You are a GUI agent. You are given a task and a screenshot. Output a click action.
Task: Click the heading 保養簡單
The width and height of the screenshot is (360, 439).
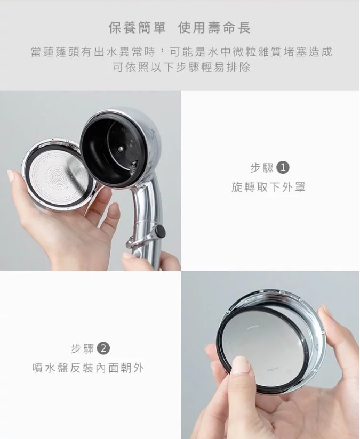[137, 28]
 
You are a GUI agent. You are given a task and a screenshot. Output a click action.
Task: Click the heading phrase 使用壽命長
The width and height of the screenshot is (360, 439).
[214, 28]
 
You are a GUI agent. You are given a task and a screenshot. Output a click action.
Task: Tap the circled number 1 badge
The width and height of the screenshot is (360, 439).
[283, 168]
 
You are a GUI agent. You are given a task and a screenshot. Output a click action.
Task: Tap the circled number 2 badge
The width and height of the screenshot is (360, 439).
[103, 348]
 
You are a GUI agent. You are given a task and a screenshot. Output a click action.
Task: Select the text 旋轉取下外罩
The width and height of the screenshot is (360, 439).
[268, 187]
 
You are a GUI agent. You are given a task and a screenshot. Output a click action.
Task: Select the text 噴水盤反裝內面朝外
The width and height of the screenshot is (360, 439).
[88, 368]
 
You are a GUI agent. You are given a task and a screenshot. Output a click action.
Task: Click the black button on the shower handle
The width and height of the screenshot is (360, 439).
[160, 231]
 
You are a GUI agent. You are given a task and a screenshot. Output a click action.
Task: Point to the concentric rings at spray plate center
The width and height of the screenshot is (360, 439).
[60, 177]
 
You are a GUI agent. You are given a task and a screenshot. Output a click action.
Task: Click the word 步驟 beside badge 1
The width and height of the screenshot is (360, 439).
[262, 168]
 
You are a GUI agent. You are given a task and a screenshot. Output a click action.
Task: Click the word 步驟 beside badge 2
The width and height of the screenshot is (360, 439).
[83, 349]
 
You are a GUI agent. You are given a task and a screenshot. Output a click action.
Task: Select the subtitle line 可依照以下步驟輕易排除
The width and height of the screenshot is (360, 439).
[181, 68]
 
